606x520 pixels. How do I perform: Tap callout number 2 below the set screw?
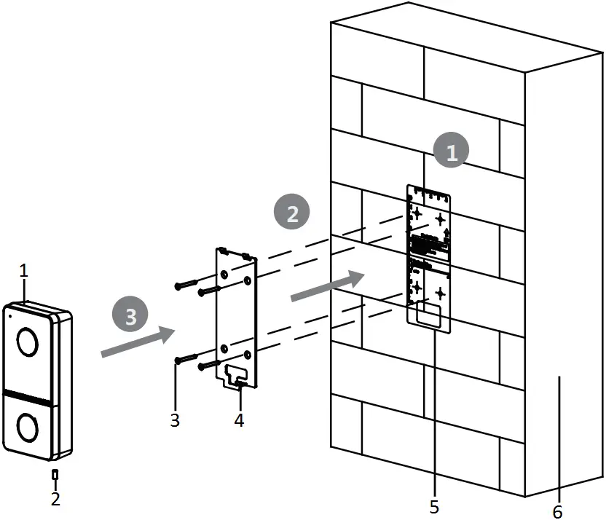click(x=56, y=499)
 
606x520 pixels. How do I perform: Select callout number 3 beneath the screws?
click(x=176, y=420)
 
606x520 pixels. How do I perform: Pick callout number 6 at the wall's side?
click(x=557, y=512)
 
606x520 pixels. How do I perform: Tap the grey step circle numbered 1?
click(x=452, y=152)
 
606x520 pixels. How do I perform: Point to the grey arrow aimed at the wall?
click(x=328, y=285)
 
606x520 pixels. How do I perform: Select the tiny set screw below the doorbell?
click(x=56, y=474)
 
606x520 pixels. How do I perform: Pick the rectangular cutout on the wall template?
click(x=430, y=316)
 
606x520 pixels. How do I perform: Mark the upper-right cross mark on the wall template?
click(x=440, y=218)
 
